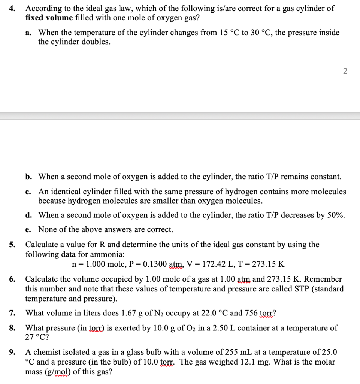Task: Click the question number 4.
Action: pos(12,8)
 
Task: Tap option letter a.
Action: pos(28,33)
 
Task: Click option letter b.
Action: pos(28,176)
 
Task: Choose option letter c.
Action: pos(28,192)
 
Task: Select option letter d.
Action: pos(28,215)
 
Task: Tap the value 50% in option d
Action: pos(335,215)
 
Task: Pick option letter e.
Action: pos(28,229)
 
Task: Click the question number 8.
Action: pos(12,328)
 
